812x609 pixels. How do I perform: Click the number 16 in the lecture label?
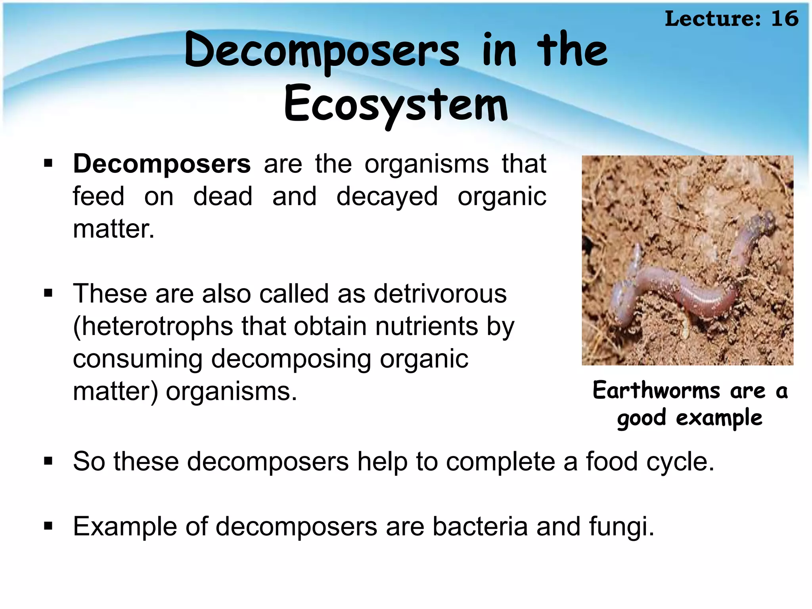pos(784,19)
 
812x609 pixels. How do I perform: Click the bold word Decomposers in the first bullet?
pos(162,164)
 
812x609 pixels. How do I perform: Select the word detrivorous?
pos(440,294)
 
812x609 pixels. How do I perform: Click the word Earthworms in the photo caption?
pos(656,391)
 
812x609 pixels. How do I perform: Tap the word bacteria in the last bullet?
pos(480,527)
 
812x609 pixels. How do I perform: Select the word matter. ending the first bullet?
pos(114,229)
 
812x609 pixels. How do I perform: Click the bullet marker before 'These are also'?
pos(48,294)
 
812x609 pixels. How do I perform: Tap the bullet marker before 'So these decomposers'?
pos(48,462)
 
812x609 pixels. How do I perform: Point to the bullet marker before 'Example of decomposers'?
pos(48,527)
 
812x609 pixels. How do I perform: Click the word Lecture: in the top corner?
pos(713,19)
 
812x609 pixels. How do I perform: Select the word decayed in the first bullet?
pos(387,197)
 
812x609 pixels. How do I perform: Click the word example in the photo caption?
pos(719,418)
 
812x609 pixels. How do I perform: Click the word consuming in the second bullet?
pos(138,359)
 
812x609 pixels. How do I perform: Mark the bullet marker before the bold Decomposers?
pos(48,164)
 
